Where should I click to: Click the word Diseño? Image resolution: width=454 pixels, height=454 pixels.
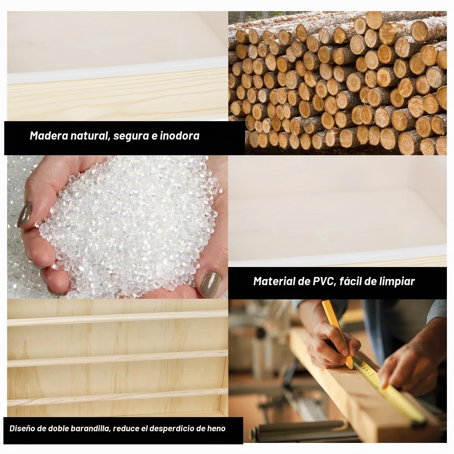pos(21,428)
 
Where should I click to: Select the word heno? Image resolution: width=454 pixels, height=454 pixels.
pos(217,428)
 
